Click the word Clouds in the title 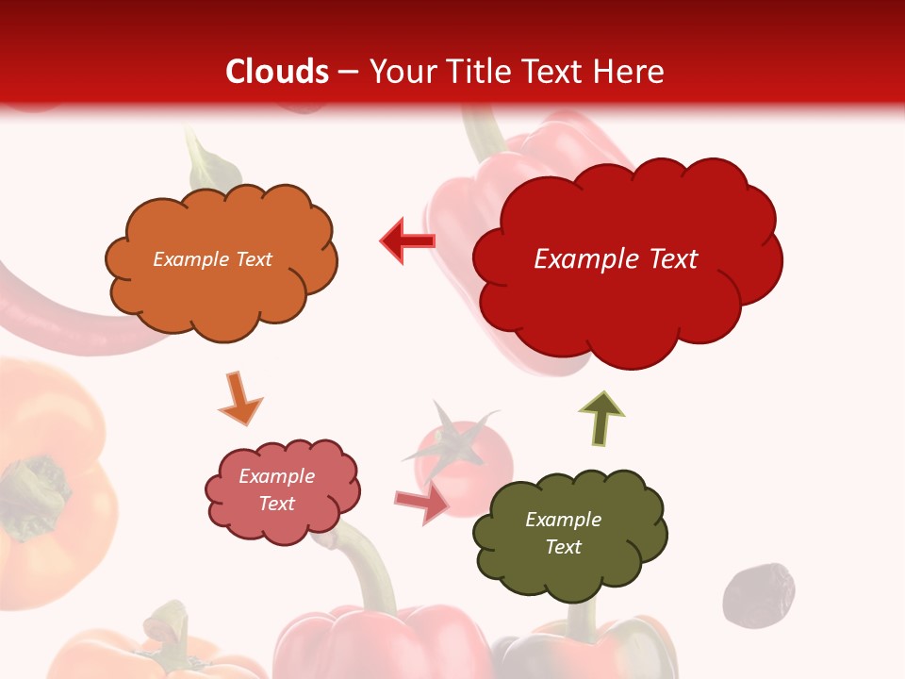(277, 72)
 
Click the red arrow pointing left (407, 241)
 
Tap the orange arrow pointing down (239, 399)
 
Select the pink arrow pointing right (422, 503)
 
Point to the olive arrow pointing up (601, 418)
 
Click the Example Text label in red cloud (616, 259)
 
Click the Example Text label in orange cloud (212, 259)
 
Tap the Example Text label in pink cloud (277, 490)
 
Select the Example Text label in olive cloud (563, 533)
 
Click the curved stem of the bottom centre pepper (372, 566)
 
